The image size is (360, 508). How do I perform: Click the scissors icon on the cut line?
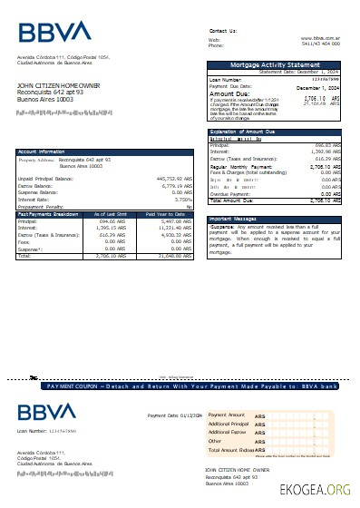[x=34, y=376]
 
